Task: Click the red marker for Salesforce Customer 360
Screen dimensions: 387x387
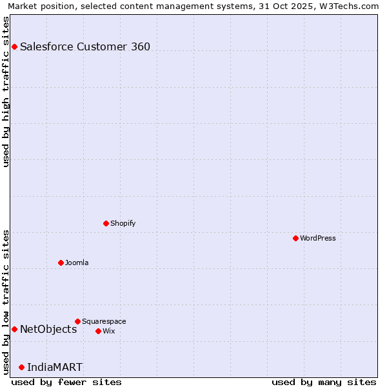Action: pos(14,46)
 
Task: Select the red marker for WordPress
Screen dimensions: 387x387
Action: pos(295,238)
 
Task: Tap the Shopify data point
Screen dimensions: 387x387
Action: pos(106,223)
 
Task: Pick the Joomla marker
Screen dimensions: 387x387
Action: pos(61,263)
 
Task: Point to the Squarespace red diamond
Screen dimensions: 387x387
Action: pos(77,321)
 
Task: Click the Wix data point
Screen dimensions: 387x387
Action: pos(98,331)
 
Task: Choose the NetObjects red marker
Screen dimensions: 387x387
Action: pos(14,329)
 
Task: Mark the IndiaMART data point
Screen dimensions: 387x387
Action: pos(21,367)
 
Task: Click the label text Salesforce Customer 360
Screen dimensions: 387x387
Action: pos(85,46)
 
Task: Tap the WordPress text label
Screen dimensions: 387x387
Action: pos(318,238)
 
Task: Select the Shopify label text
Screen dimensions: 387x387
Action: pos(123,223)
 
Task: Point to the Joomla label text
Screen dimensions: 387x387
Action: pos(77,263)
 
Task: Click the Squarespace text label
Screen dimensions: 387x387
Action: pos(104,321)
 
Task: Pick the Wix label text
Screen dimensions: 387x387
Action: pos(109,331)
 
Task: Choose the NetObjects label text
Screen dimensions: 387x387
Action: pos(48,329)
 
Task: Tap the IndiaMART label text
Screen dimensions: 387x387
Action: pos(55,367)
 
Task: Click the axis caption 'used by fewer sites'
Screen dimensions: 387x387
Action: pos(66,382)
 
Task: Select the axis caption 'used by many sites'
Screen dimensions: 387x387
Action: pos(324,382)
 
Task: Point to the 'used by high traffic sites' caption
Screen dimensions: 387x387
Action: pos(6,92)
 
